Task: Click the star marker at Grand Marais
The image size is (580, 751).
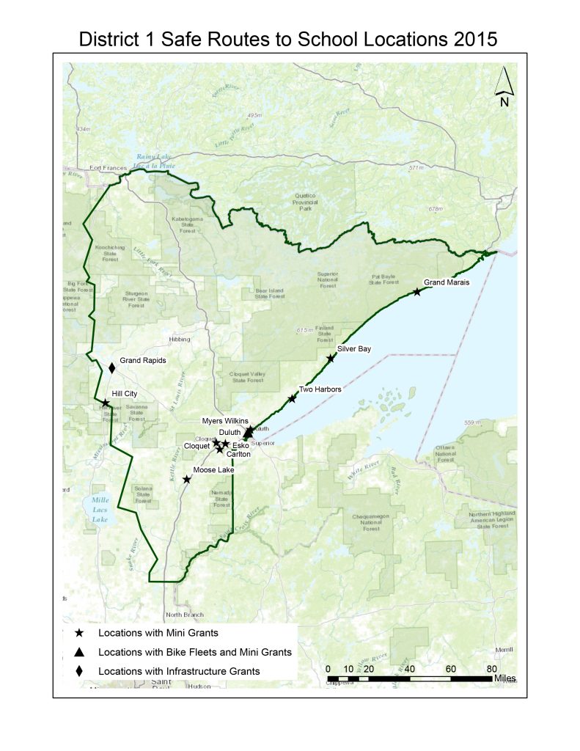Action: [417, 292]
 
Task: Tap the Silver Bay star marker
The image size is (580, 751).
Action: [331, 359]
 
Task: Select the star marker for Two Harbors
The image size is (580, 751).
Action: [293, 398]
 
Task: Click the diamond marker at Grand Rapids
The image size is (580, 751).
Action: [112, 367]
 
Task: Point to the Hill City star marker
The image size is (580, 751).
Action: [106, 403]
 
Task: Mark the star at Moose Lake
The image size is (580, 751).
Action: [187, 479]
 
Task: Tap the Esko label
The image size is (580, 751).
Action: [240, 445]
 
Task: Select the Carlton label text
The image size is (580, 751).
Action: [239, 455]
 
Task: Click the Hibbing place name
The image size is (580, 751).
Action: [179, 340]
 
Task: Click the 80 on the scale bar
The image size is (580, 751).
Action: [491, 668]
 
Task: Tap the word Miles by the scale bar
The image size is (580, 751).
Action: [505, 678]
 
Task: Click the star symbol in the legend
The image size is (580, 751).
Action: [80, 633]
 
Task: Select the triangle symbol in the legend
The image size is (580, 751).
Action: [80, 652]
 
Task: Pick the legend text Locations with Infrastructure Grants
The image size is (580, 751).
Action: [179, 671]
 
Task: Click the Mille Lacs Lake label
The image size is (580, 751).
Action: [96, 510]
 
